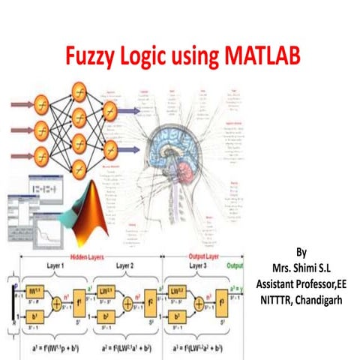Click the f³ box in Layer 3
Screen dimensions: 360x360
point(221,295)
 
